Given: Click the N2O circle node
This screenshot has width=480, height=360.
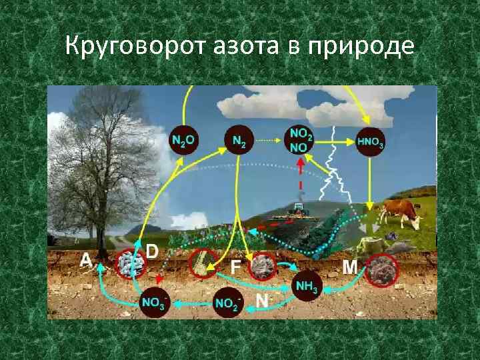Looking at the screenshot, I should point(183,140).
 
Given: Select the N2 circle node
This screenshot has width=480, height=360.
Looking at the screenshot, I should point(238,140).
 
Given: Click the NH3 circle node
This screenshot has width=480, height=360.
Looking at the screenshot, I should point(306,287).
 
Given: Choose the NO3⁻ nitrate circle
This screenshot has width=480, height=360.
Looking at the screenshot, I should point(154,303).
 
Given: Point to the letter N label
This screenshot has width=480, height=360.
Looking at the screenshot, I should point(262,301).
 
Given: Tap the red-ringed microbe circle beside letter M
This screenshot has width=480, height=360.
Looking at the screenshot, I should point(382,268).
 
